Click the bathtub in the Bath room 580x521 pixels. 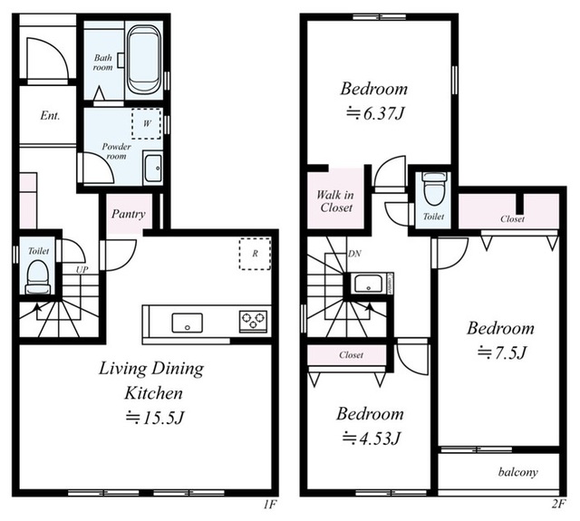[144, 59]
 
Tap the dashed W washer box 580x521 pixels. [147, 123]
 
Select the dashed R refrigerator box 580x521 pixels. [255, 254]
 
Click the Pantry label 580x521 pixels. [129, 214]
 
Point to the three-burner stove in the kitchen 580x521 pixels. [254, 321]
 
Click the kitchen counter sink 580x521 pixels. [188, 323]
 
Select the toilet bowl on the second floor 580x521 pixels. [433, 188]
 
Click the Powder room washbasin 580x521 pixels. [152, 169]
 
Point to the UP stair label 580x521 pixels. [82, 270]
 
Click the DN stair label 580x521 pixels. [354, 254]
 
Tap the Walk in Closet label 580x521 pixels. [336, 201]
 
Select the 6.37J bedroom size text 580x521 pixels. [374, 113]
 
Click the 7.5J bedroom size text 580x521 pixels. [501, 352]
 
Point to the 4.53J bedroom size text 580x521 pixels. [371, 439]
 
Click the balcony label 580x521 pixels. [517, 472]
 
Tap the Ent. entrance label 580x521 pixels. [50, 116]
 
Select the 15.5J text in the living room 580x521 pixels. [155, 418]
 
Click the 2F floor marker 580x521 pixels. [558, 504]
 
